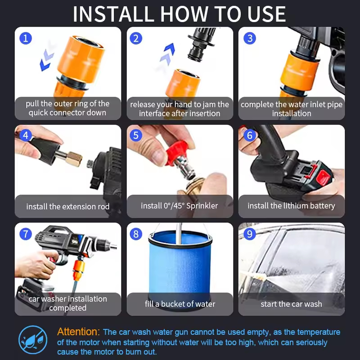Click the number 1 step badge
click(26, 38)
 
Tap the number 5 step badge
click(136, 135)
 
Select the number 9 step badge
click(250, 234)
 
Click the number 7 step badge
click(26, 234)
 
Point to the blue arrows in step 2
click(167, 55)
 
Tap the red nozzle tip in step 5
click(176, 153)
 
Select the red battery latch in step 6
click(323, 178)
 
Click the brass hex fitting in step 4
click(74, 158)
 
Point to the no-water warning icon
click(33, 340)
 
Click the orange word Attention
click(78, 332)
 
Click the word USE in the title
click(266, 14)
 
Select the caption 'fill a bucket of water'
click(180, 304)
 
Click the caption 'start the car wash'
click(291, 304)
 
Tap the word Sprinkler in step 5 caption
click(202, 206)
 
